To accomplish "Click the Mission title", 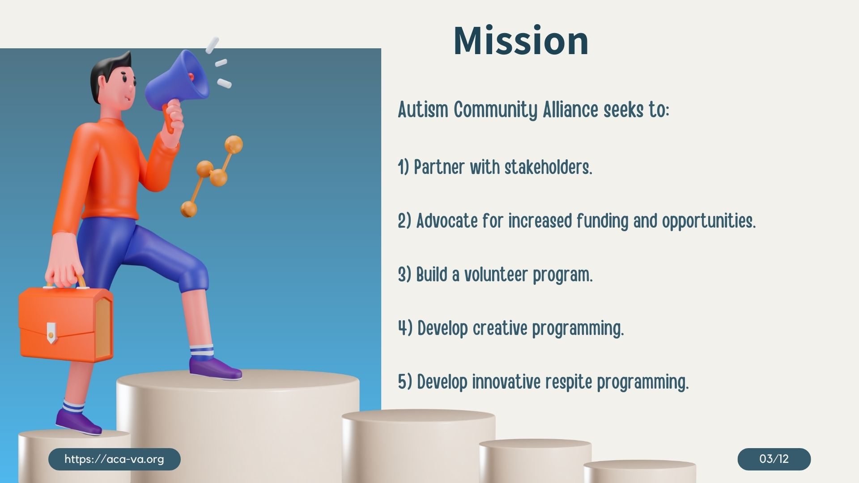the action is (521, 41).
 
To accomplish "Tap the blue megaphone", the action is (179, 83).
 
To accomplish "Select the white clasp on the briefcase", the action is (51, 332).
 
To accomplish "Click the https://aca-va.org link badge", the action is (114, 459).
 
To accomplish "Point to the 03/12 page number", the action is (774, 459).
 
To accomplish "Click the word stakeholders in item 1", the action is (549, 167).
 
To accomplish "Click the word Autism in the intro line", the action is (423, 110).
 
